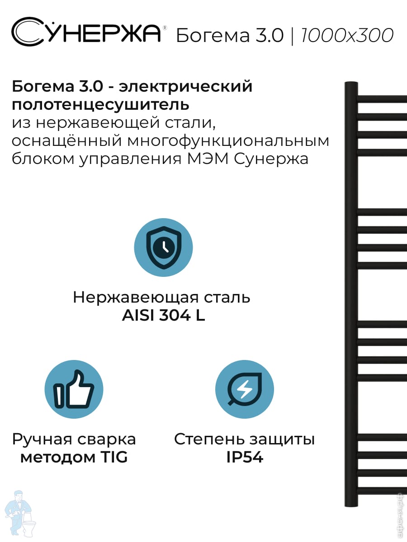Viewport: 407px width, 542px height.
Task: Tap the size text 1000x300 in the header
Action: click(347, 35)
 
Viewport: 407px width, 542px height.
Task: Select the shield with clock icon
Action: click(164, 248)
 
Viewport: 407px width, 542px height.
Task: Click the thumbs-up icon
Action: click(74, 389)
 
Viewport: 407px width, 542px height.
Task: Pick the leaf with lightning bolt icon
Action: click(245, 389)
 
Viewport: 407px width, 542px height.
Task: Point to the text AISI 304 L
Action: click(163, 316)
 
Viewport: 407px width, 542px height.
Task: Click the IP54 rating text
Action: click(245, 458)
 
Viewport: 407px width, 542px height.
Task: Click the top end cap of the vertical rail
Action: click(351, 84)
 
